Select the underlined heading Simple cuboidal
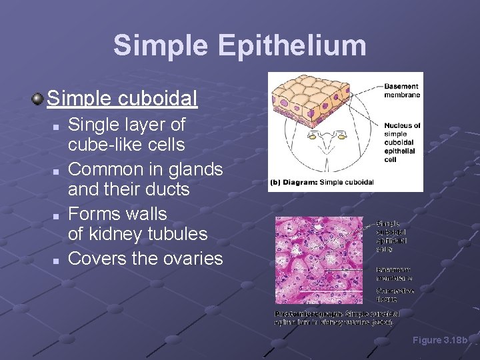[122, 99]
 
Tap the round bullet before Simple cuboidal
[38, 99]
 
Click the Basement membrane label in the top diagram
[401, 91]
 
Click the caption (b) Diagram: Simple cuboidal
[321, 182]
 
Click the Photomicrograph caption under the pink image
[337, 317]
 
